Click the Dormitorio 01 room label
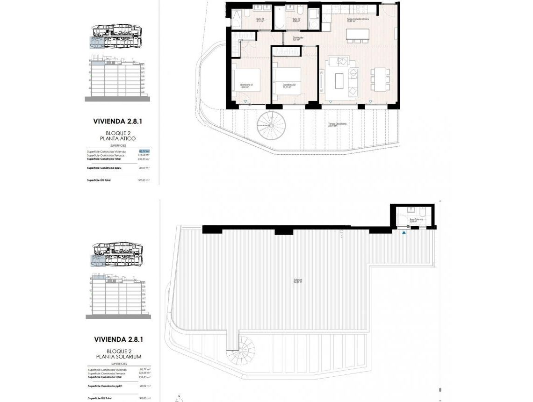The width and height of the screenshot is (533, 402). [246, 86]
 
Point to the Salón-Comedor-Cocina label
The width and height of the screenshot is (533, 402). [358, 20]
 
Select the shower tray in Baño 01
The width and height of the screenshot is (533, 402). [237, 19]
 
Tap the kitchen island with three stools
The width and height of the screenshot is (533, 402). [357, 35]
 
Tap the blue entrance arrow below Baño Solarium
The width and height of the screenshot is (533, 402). [404, 232]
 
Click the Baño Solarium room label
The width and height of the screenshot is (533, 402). [416, 220]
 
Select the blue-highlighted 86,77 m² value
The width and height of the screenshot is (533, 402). [144, 151]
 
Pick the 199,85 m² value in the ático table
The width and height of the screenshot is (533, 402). [143, 180]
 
